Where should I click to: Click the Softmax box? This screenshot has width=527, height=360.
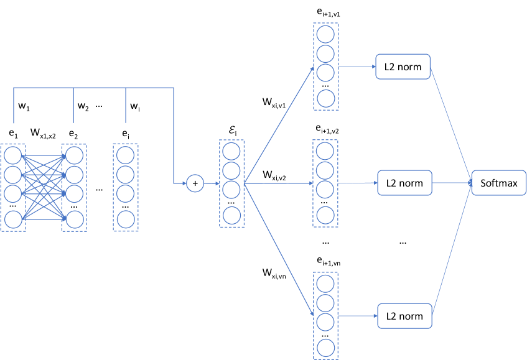[499, 183]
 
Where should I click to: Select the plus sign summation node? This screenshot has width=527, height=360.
[195, 183]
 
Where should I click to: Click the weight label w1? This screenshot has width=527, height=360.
[24, 106]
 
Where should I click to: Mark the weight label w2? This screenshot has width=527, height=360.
[83, 106]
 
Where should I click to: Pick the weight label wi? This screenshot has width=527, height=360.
[134, 106]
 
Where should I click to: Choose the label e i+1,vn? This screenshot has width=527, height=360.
[328, 262]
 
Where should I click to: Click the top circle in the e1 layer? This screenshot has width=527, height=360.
[12, 154]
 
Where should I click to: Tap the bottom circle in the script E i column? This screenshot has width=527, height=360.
[231, 215]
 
